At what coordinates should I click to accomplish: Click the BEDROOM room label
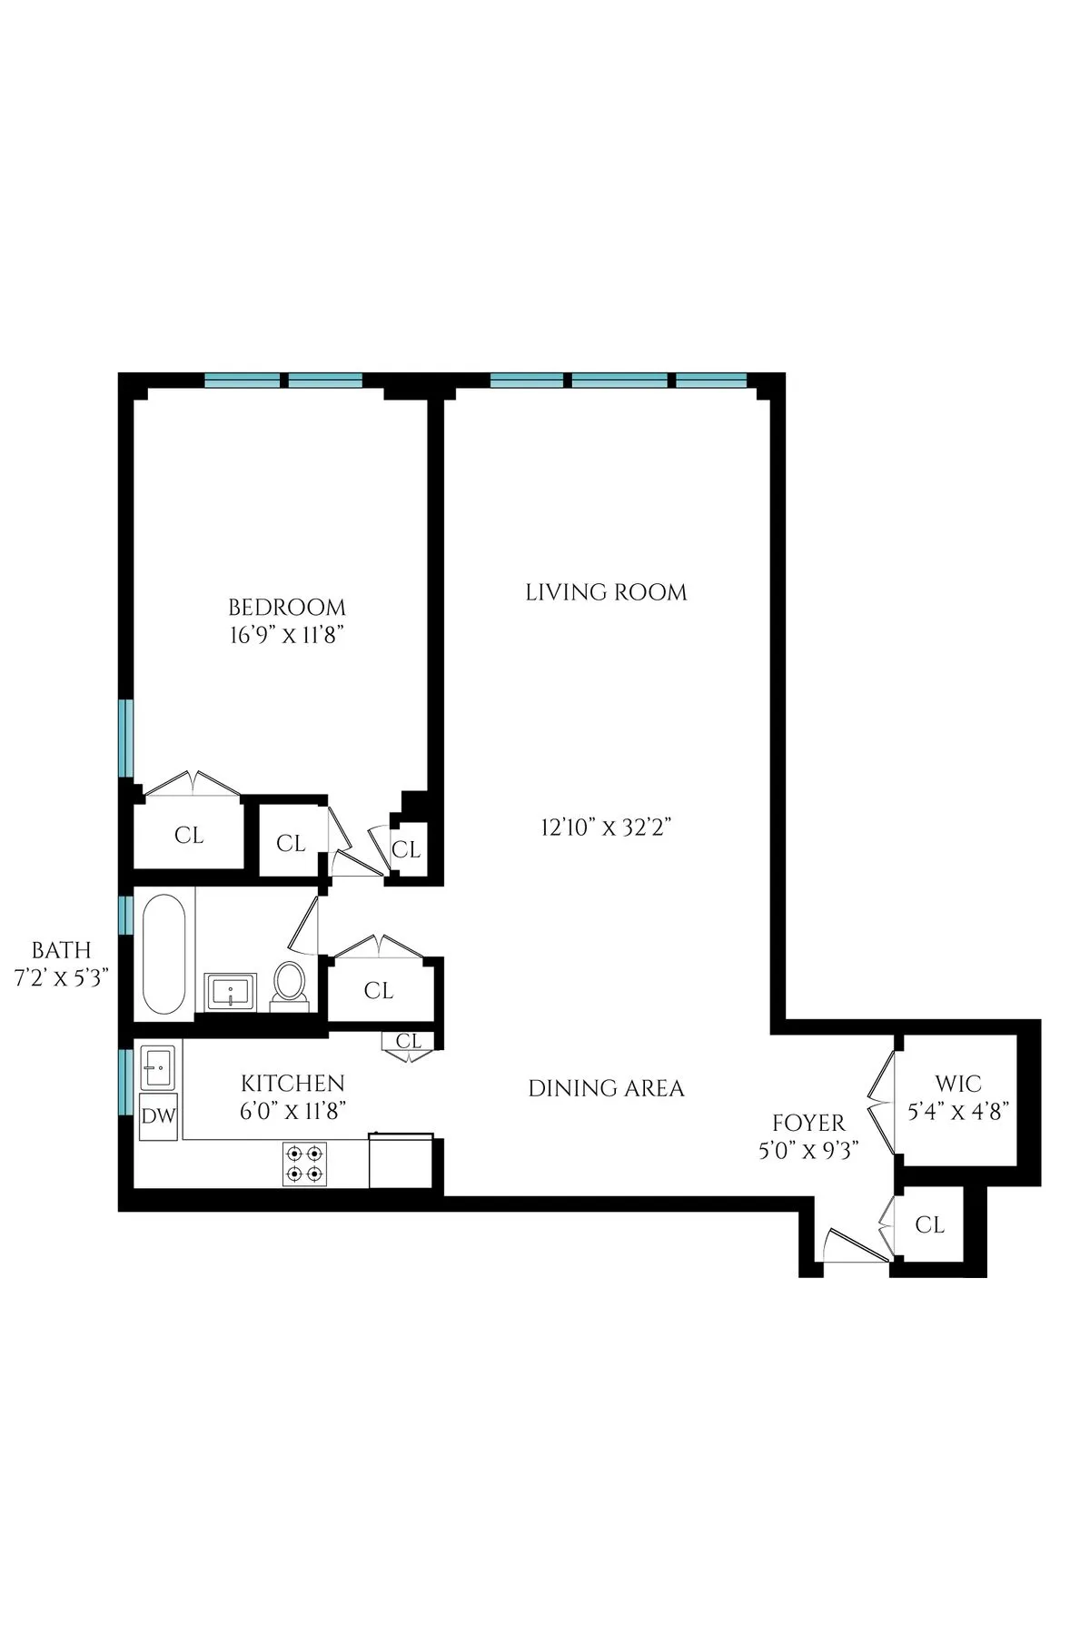click(287, 607)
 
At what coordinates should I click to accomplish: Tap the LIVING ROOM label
click(606, 592)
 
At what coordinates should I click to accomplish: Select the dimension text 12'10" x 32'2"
click(606, 827)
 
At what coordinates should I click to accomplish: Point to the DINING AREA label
click(606, 1088)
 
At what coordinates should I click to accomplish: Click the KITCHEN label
click(292, 1083)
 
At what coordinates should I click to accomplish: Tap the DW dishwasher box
click(159, 1115)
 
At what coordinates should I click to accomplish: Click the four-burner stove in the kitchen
click(304, 1164)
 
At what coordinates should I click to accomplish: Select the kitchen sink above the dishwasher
click(159, 1066)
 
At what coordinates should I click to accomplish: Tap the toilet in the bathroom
click(291, 983)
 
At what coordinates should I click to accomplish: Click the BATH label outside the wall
click(62, 950)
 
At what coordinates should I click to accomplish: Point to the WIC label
click(958, 1084)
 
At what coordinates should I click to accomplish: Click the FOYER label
click(808, 1124)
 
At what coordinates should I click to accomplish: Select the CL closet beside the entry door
click(929, 1224)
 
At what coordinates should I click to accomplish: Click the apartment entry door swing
click(854, 1245)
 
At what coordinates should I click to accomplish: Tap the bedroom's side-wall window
click(127, 738)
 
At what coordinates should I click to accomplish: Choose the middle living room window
click(619, 381)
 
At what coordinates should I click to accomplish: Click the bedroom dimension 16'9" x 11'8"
click(287, 635)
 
